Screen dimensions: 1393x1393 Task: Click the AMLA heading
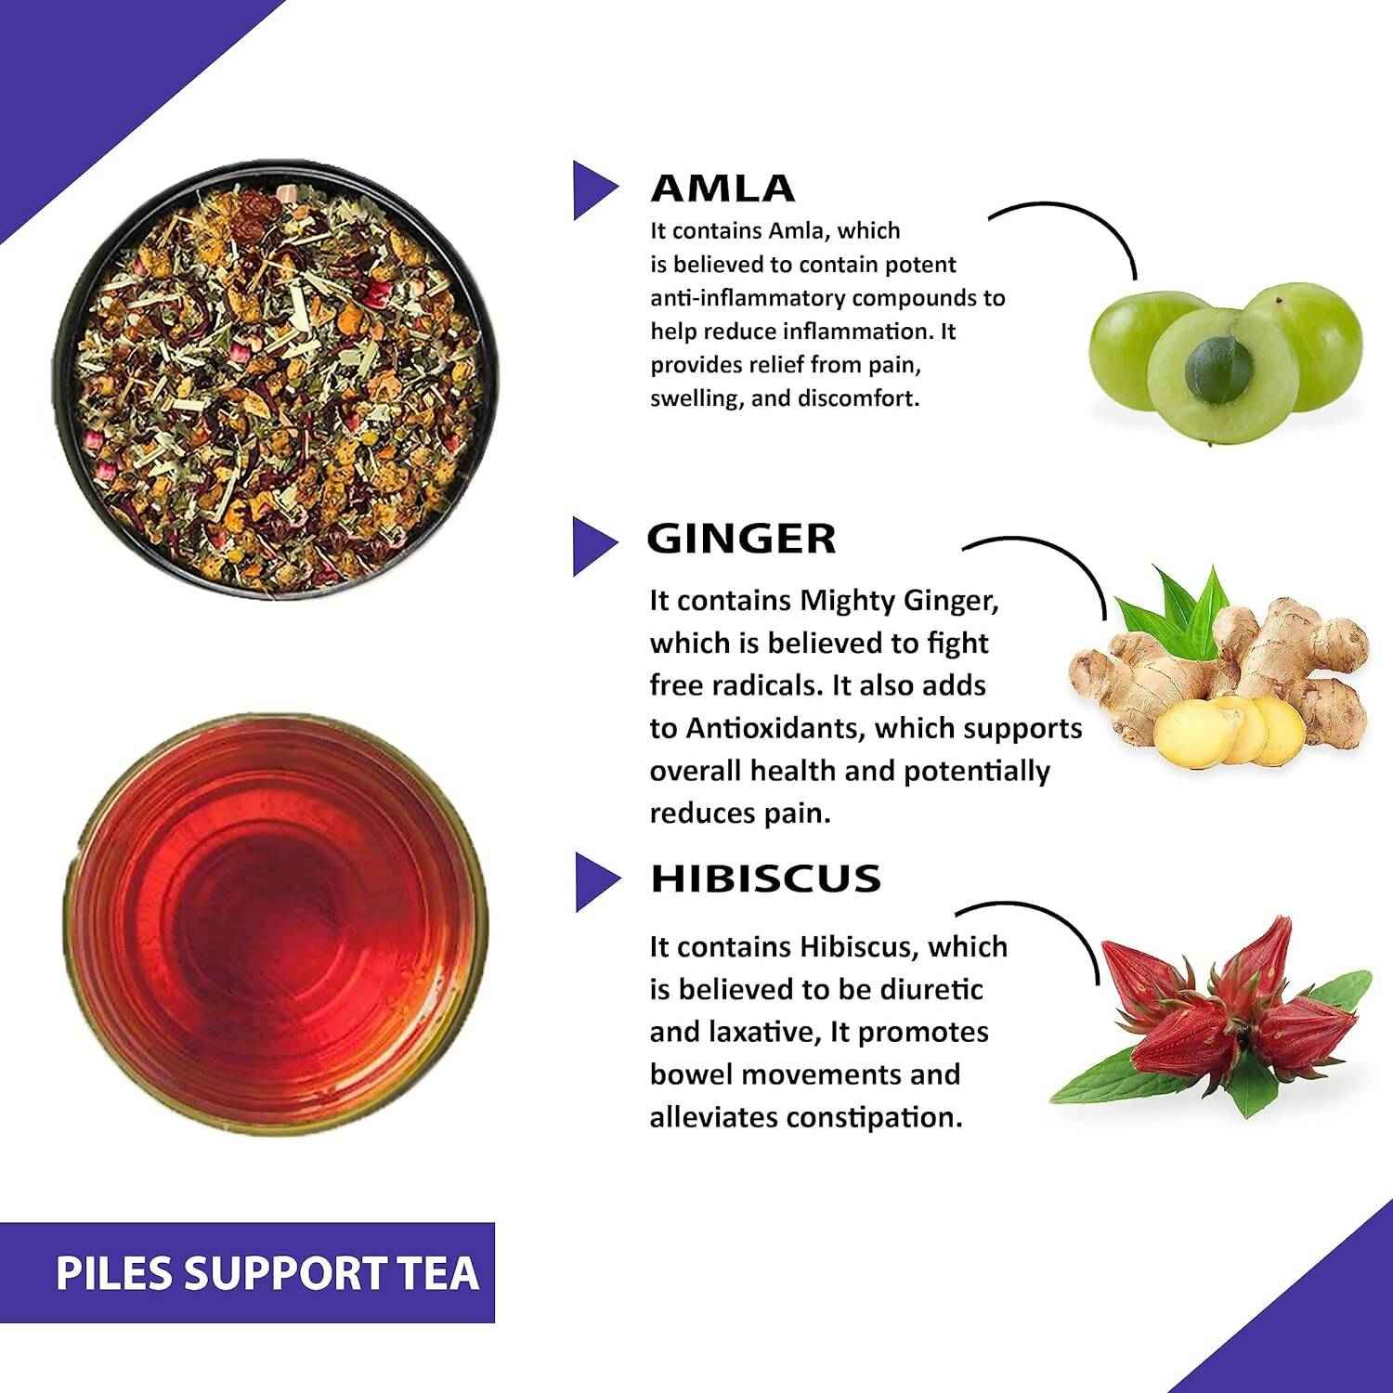[x=723, y=189]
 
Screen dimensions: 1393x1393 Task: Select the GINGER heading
[x=741, y=540]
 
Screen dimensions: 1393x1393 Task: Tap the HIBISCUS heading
[x=765, y=879]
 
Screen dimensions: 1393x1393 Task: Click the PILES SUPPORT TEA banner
[x=267, y=1272]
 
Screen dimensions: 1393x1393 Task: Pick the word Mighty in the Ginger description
[x=850, y=602]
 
